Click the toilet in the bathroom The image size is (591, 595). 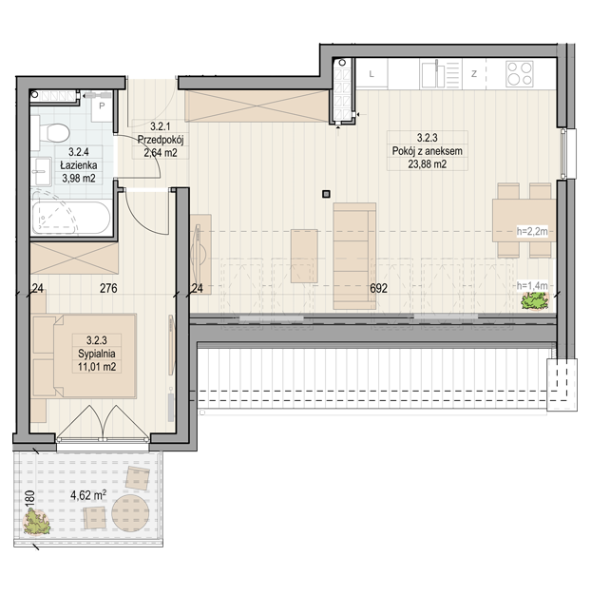pos(54,132)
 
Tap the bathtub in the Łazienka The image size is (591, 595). pos(71,218)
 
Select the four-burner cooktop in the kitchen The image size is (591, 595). pos(520,74)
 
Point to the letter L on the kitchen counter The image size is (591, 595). pos(372,74)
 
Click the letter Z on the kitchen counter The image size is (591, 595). pos(474,74)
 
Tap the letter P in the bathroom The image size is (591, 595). pos(102,106)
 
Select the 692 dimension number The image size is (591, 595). pos(378,288)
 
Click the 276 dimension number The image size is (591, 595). pos(108,288)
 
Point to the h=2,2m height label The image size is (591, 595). pos(533,231)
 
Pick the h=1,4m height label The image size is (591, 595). pos(532,285)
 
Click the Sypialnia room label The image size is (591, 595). pos(97,354)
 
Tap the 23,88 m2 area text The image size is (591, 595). pos(428,163)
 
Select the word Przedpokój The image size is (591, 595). pos(161,140)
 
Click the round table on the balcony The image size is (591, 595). pos(130,513)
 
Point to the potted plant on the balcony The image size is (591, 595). pos(36,523)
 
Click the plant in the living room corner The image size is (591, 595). pos(535,301)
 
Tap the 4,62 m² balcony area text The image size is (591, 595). pos(88,495)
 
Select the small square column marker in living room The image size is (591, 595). pos(326,194)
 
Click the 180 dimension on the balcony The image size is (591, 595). pos(30,498)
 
